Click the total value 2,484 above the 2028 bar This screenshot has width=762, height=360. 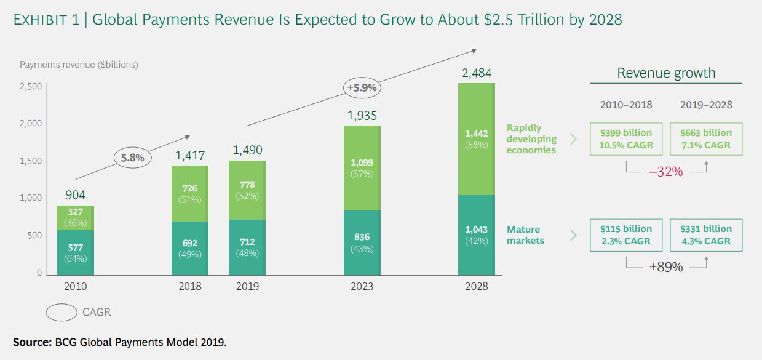point(476,73)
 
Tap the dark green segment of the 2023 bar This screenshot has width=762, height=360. point(362,242)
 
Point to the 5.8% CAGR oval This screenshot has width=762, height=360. point(132,158)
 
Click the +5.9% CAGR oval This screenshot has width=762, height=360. point(362,87)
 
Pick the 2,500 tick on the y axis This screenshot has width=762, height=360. point(30,86)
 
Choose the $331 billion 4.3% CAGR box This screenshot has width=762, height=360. point(705,234)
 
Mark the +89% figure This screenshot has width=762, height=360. point(666,268)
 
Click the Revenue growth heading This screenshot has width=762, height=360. point(666,73)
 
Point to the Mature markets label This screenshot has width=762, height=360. point(526,234)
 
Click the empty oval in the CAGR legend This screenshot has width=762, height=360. point(61,313)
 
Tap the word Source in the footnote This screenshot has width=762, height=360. point(29,341)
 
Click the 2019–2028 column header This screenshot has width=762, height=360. point(706,105)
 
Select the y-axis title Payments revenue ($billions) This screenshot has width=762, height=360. point(79,64)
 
